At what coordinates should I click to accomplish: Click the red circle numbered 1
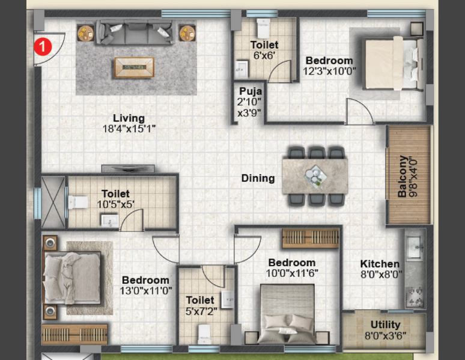(43, 47)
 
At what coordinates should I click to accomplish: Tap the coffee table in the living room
(135, 67)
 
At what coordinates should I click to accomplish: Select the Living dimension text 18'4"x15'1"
(129, 129)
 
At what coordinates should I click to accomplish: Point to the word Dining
(258, 178)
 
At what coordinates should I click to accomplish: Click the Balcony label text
(403, 176)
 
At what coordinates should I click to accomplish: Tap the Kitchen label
(380, 264)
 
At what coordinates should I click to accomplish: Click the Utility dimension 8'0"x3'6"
(385, 336)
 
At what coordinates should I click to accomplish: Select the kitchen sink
(414, 247)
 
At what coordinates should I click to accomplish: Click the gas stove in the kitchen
(415, 297)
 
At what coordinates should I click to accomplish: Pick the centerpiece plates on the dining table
(315, 176)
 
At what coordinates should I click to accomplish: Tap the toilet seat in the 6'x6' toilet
(263, 28)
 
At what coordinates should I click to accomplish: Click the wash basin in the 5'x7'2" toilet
(228, 299)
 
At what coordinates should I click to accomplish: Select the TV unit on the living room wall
(128, 168)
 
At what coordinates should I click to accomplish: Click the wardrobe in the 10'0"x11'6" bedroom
(310, 238)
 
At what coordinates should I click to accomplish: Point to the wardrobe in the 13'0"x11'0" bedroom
(74, 335)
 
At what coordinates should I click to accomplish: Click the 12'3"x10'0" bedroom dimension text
(329, 72)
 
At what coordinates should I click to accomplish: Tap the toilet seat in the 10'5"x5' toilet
(78, 203)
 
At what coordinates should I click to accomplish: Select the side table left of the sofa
(86, 32)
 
